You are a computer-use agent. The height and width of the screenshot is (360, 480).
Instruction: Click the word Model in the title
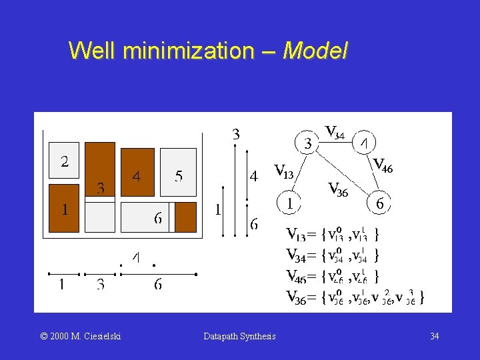click(x=315, y=51)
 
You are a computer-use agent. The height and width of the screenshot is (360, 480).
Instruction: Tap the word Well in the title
click(x=93, y=51)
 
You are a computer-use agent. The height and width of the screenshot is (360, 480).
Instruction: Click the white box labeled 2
click(x=64, y=162)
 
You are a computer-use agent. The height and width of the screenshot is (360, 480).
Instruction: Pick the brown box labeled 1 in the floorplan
click(x=64, y=208)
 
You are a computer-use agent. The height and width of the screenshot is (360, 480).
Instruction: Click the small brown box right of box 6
click(x=185, y=217)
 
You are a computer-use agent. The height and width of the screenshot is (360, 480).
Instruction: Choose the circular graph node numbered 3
click(x=307, y=143)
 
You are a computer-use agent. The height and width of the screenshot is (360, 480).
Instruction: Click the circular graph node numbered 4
click(x=363, y=143)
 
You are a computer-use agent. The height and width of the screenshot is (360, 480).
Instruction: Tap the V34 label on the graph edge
click(x=334, y=132)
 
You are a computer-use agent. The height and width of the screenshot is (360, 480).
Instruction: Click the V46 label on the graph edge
click(x=383, y=165)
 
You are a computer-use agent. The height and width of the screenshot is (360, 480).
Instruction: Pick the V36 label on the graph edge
click(x=338, y=189)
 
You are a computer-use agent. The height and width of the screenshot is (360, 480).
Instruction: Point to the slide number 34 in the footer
click(x=434, y=337)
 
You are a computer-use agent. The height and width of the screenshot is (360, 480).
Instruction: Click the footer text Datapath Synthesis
click(x=239, y=337)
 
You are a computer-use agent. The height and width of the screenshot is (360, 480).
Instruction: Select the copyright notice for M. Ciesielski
click(x=81, y=337)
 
